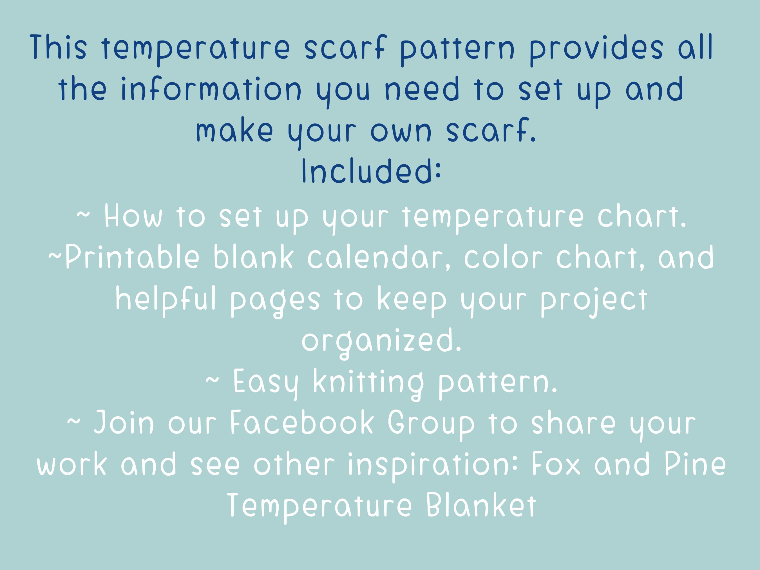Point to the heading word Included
pyautogui.click(x=371, y=171)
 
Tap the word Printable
pyautogui.click(x=132, y=257)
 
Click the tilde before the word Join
pyautogui.click(x=73, y=421)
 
